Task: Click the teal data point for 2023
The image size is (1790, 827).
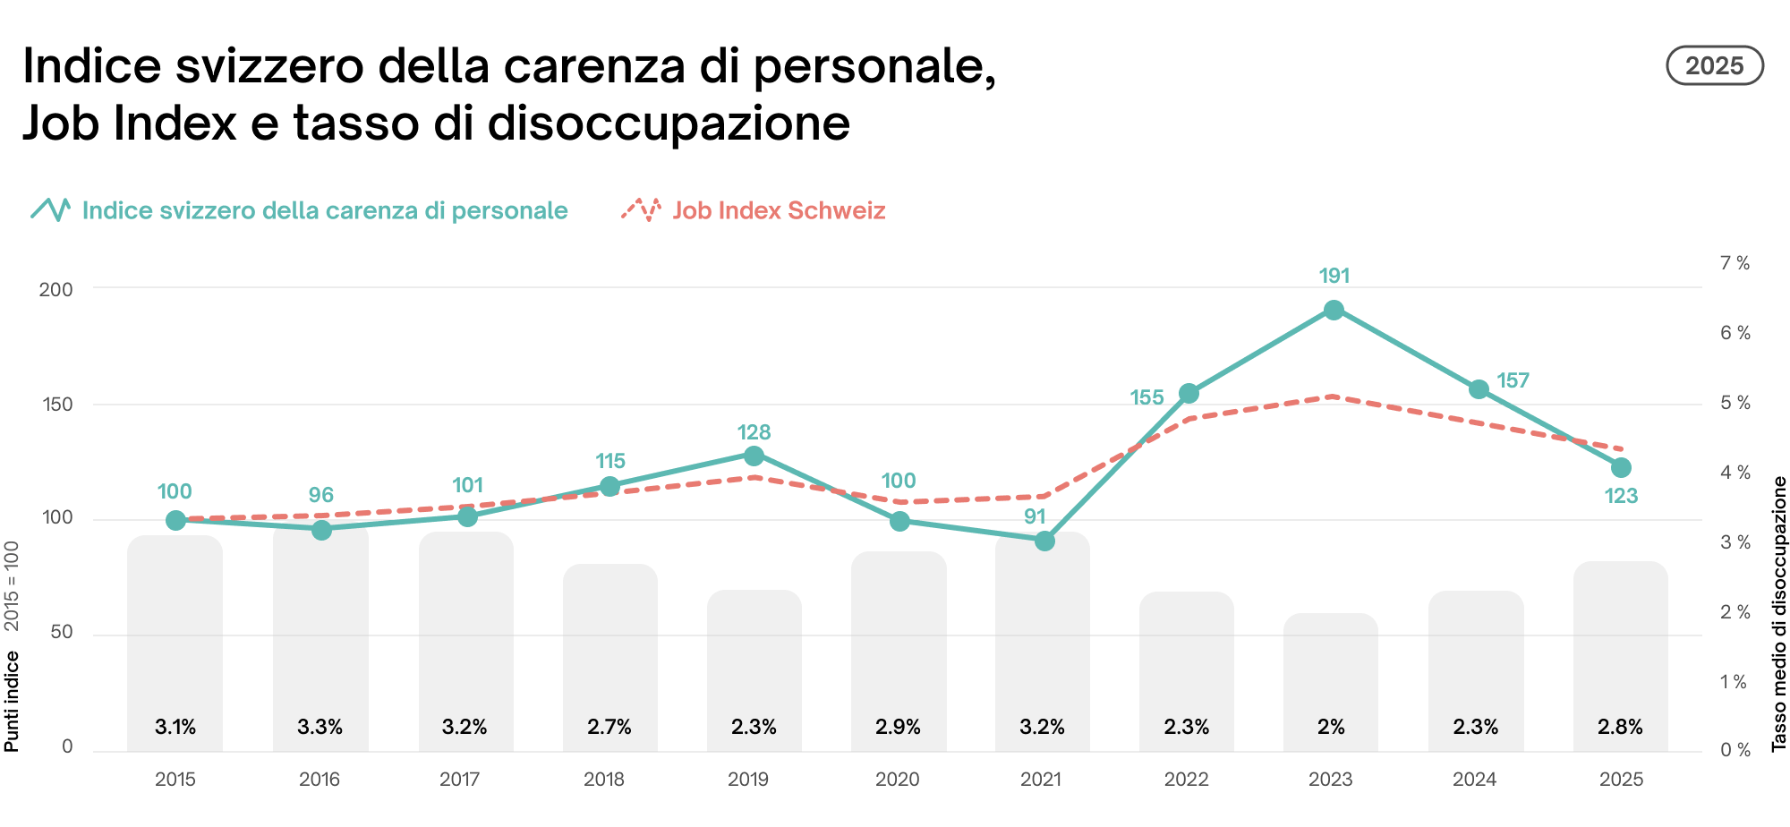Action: click(x=1334, y=311)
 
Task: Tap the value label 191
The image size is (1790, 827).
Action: click(x=1334, y=276)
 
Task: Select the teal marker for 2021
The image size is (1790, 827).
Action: click(x=1044, y=541)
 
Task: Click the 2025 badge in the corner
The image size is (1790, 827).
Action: click(x=1714, y=66)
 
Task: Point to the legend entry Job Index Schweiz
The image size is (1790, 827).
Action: click(x=778, y=210)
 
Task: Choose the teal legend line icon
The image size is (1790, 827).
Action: click(x=51, y=209)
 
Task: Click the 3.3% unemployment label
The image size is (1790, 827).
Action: click(x=320, y=727)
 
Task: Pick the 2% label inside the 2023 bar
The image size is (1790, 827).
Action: click(x=1331, y=727)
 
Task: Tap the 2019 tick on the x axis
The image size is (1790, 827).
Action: click(x=748, y=780)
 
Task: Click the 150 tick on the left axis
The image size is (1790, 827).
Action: click(x=58, y=405)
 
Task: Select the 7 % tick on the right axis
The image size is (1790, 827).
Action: click(x=1735, y=263)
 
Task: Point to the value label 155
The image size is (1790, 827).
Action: click(x=1146, y=397)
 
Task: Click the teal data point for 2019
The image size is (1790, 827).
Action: click(x=754, y=456)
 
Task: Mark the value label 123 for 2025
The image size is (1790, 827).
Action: click(x=1621, y=496)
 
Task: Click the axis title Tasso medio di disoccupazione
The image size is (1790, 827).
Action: click(x=1779, y=613)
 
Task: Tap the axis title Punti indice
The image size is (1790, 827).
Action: click(x=12, y=701)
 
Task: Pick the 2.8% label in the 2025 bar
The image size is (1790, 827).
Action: click(x=1620, y=727)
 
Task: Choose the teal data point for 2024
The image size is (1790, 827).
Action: click(x=1479, y=389)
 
